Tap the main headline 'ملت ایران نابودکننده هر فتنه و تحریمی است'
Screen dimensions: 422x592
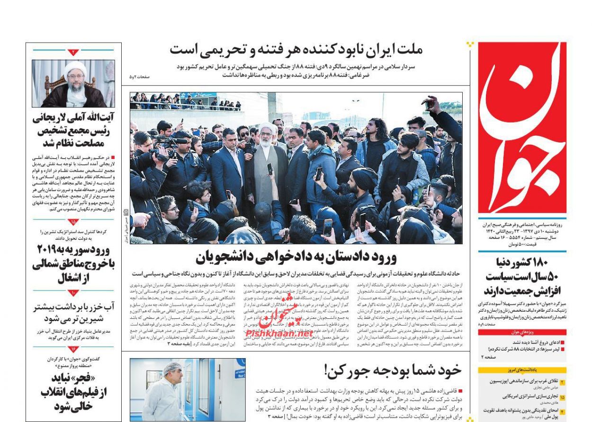(x=296, y=49)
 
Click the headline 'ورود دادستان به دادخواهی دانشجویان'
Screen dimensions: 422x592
(x=296, y=257)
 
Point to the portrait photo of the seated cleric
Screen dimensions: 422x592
(x=73, y=83)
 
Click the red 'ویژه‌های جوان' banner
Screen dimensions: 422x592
(x=522, y=332)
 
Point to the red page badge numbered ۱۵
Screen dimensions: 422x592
(x=73, y=221)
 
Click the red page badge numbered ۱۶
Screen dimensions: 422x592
(x=73, y=349)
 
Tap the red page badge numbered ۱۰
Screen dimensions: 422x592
(x=73, y=293)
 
